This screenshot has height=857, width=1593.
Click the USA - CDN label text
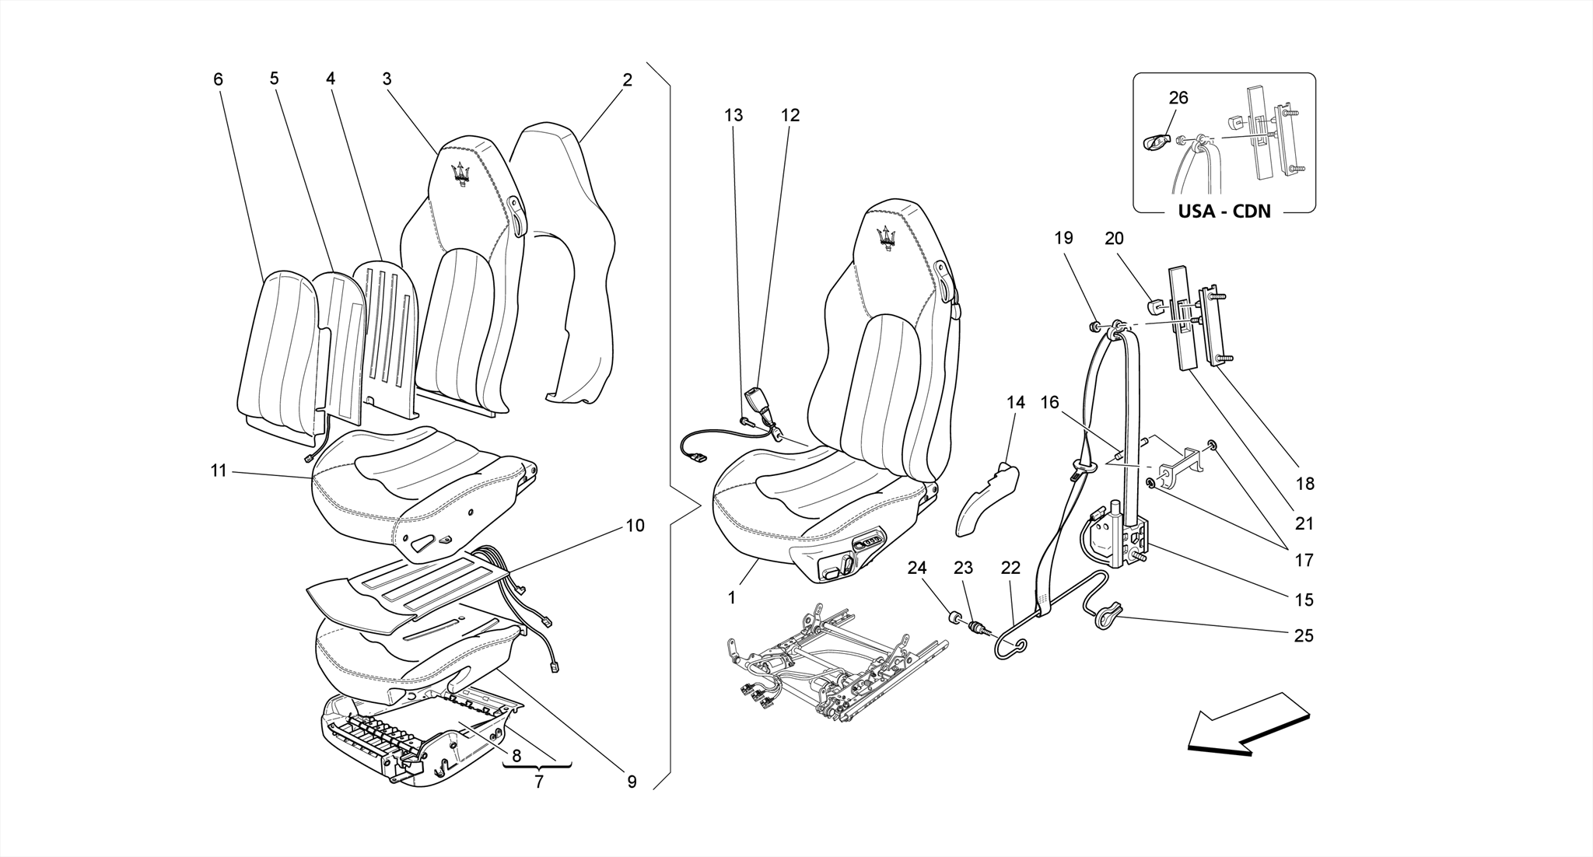click(x=1224, y=211)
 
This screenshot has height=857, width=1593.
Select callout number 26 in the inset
click(x=1178, y=98)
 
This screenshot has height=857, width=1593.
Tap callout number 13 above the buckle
click(x=733, y=115)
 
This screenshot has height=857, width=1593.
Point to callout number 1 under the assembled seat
click(x=731, y=598)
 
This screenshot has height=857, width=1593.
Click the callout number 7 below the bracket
click(x=538, y=782)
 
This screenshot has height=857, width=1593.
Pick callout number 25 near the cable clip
click(x=1304, y=635)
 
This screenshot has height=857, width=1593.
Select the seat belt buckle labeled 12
click(x=756, y=404)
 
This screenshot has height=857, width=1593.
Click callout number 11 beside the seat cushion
click(x=219, y=470)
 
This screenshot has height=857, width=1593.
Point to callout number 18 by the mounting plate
click(x=1305, y=483)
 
